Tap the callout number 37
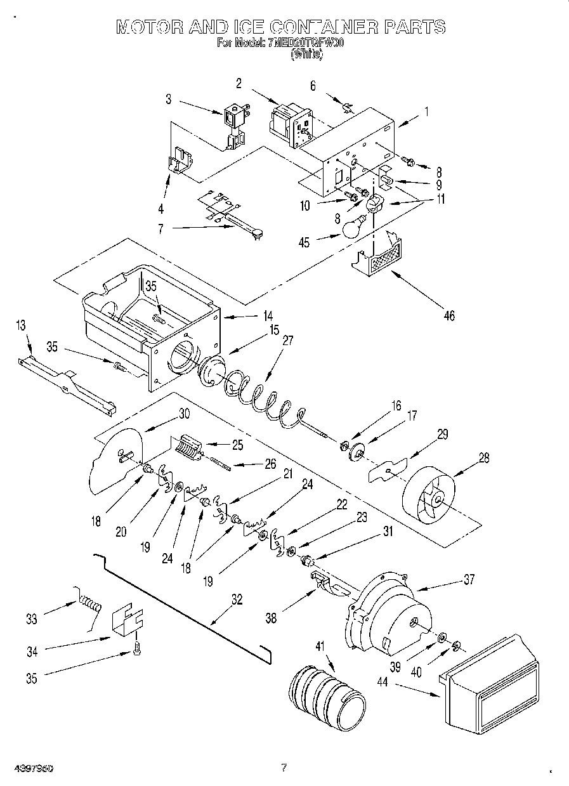pos(469,579)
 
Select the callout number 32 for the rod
pos(237,599)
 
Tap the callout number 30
pos(183,413)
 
